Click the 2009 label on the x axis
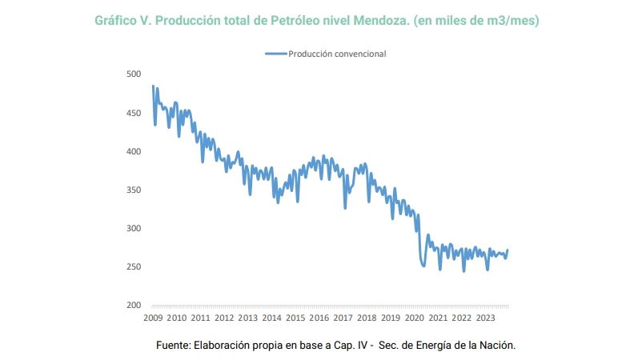(153, 318)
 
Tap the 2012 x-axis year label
(224, 318)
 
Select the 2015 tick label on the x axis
(295, 318)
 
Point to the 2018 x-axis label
(367, 318)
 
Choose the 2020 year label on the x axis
(414, 318)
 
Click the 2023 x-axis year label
(485, 318)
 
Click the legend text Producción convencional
(338, 54)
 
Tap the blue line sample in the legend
(275, 54)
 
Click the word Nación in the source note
(496, 345)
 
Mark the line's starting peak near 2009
(152, 86)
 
